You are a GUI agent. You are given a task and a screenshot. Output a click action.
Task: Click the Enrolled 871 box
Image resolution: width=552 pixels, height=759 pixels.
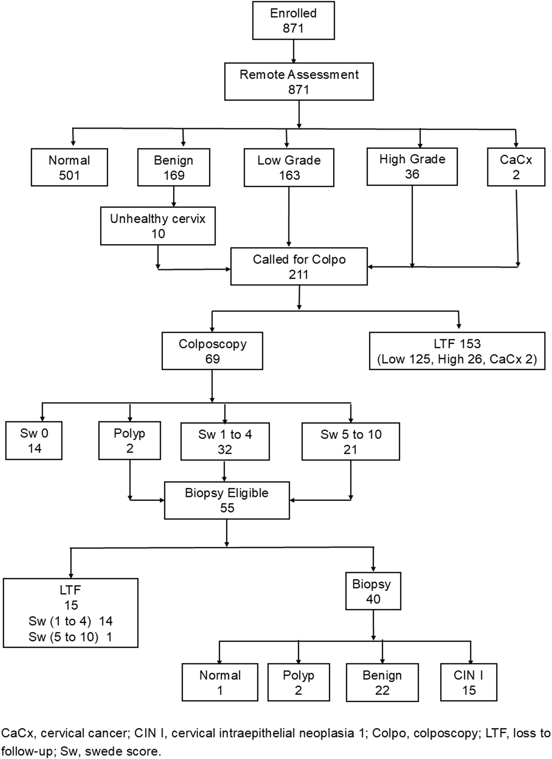click(293, 20)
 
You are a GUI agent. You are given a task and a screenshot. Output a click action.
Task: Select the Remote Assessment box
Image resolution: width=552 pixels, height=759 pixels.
click(299, 81)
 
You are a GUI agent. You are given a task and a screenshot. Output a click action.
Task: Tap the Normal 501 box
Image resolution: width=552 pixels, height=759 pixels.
click(69, 167)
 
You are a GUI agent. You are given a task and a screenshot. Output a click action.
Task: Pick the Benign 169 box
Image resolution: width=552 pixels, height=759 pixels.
click(174, 167)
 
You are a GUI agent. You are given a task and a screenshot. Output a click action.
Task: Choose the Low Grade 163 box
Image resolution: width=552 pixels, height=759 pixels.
click(289, 167)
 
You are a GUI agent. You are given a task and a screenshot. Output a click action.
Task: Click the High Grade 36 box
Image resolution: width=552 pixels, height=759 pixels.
click(412, 166)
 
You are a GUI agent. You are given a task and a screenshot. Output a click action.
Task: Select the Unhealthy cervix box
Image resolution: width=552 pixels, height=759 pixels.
click(158, 226)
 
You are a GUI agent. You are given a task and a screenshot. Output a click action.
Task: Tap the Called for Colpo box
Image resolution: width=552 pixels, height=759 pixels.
click(299, 266)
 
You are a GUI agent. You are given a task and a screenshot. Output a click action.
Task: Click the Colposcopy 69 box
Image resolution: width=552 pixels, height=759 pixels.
click(212, 351)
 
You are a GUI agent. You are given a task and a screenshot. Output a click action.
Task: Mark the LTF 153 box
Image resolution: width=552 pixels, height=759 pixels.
click(457, 351)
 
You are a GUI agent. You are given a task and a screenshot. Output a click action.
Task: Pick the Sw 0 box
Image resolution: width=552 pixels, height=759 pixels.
click(34, 441)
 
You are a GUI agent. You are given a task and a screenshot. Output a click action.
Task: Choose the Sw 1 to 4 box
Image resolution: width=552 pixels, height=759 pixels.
click(225, 441)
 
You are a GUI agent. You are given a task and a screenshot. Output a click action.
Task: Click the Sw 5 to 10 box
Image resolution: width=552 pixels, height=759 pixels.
click(351, 441)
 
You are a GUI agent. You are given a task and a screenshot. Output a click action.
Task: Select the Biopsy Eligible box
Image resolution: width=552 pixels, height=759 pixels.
click(227, 500)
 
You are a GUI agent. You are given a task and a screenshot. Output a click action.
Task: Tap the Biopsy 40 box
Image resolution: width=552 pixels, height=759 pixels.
click(373, 591)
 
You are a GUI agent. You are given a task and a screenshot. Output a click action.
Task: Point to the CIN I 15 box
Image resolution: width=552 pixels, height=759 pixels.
click(469, 682)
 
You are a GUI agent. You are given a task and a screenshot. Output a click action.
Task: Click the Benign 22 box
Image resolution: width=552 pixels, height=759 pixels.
click(382, 682)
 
